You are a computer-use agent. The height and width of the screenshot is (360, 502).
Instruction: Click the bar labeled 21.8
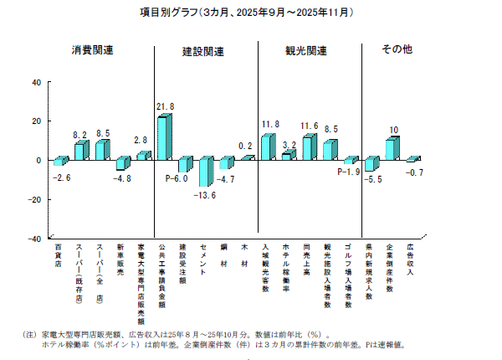pos(164,137)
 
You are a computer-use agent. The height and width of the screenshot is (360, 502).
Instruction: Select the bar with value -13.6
pos(204,172)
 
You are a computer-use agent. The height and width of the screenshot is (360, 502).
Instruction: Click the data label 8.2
pos(80,134)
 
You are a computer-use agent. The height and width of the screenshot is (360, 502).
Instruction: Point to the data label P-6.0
pos(177,178)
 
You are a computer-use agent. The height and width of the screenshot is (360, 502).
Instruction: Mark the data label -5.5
pos(374,179)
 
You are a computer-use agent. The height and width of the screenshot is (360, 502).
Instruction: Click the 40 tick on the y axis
pos(34,82)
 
